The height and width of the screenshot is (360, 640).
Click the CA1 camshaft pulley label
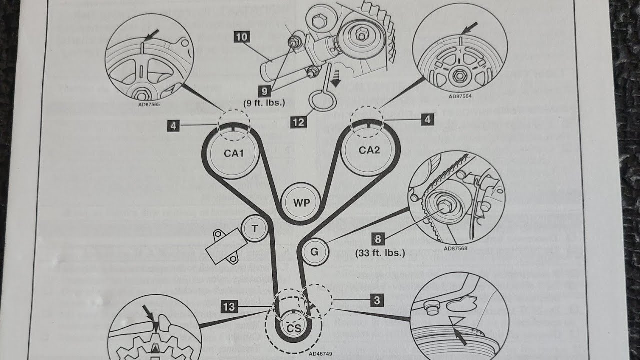coord(233,154)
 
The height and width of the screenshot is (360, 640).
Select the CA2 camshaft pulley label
coord(369,150)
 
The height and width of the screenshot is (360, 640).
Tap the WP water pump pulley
coord(302,203)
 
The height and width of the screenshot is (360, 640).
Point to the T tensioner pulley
coord(254,229)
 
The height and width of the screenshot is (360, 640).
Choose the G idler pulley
coord(314,252)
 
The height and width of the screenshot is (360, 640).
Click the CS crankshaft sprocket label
coord(293,328)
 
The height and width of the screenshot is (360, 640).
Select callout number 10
coord(242,37)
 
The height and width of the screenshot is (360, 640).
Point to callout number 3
coord(377,300)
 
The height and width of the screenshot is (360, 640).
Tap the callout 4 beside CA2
coord(427,119)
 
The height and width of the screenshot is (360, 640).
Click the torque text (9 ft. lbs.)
coord(264,103)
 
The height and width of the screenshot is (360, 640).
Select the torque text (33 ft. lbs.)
coord(380,253)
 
